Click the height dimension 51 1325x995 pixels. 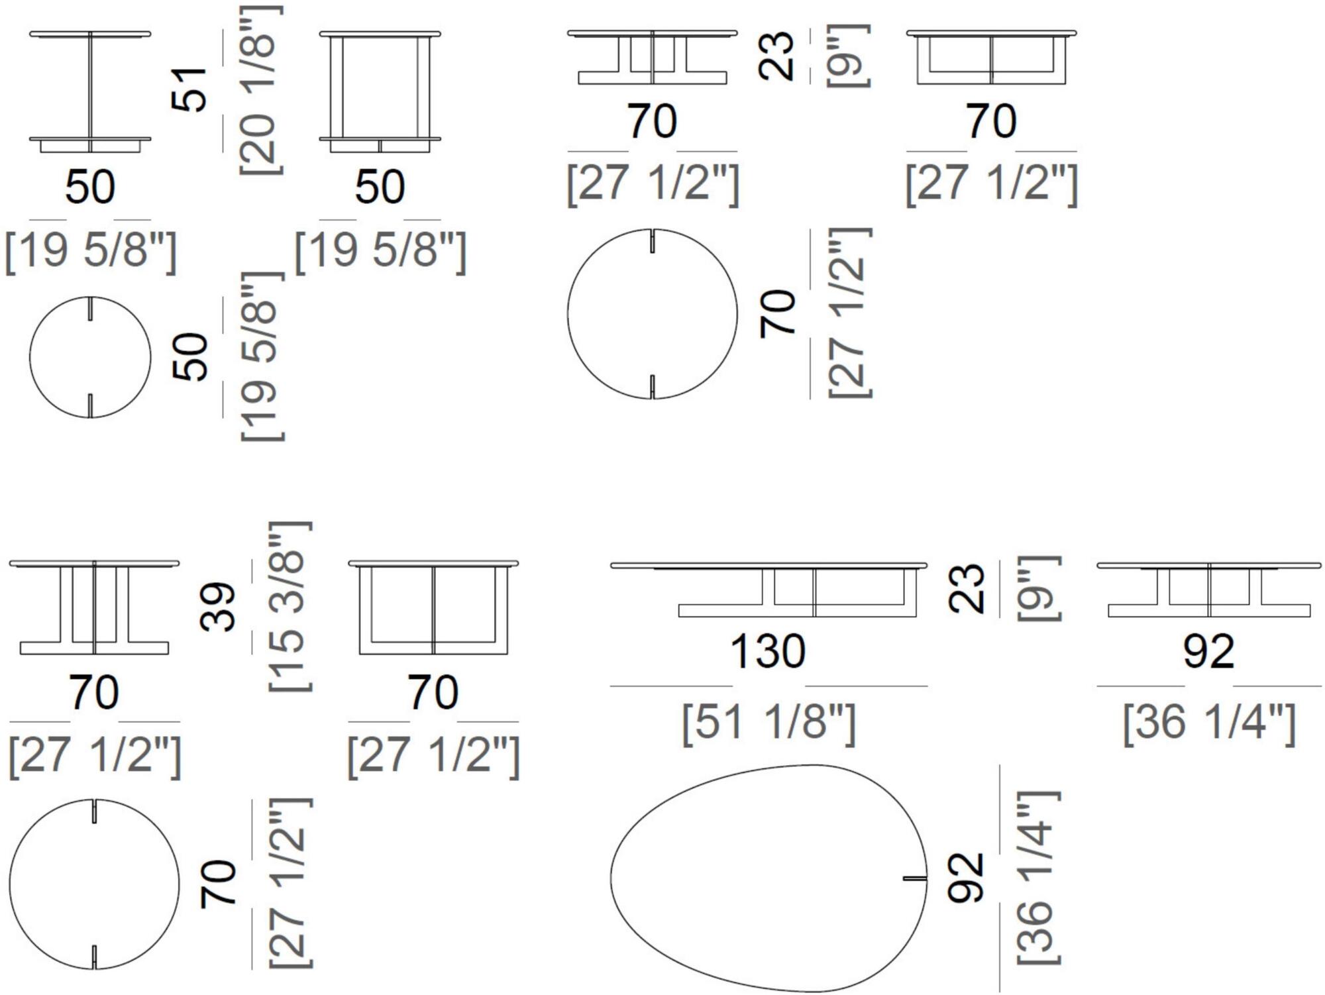click(x=190, y=89)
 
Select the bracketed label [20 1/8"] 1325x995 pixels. click(x=261, y=89)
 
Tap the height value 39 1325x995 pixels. click(x=218, y=607)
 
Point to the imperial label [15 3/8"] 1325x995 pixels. click(x=290, y=607)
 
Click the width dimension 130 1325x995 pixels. click(x=768, y=651)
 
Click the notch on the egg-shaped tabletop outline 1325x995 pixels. click(x=915, y=879)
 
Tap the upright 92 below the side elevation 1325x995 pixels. click(x=1209, y=652)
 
